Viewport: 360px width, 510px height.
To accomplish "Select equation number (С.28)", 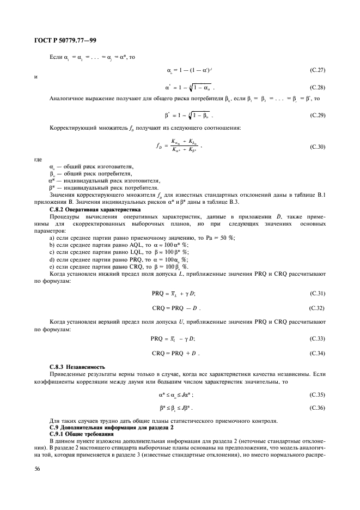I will point(318,87).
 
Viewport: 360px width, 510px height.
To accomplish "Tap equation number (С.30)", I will point(318,147).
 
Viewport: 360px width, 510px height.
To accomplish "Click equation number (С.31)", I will point(318,294).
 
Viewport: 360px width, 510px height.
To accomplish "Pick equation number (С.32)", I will point(318,308).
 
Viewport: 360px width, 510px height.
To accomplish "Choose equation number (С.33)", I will point(318,338).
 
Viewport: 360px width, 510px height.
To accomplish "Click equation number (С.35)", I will point(318,393).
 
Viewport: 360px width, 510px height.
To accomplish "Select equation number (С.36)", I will point(318,408).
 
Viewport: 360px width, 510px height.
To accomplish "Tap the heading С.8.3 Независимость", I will point(74,368).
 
